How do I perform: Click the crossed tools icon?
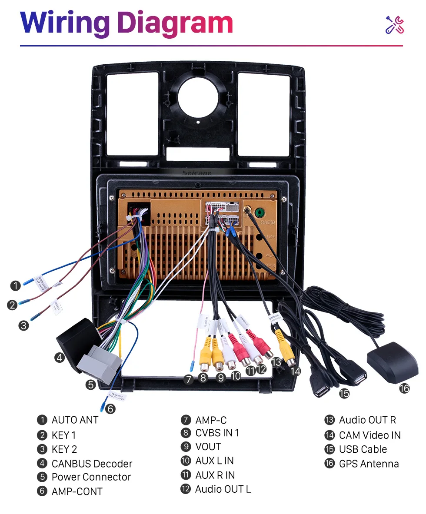coord(395,25)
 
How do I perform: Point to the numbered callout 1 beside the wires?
coord(16,285)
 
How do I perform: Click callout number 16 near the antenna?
coord(404,388)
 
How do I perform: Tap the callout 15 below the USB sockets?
coord(344,393)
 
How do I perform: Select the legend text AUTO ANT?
coord(75,420)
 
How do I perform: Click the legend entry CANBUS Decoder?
coord(92,464)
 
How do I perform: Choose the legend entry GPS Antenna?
coord(369,464)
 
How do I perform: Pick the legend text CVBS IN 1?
coord(217,433)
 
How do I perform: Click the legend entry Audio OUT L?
coord(223,489)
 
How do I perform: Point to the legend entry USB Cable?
coord(363,449)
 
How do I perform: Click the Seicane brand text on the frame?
coord(197,173)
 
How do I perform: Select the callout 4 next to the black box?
coord(60,358)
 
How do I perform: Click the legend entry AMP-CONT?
coord(77,491)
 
